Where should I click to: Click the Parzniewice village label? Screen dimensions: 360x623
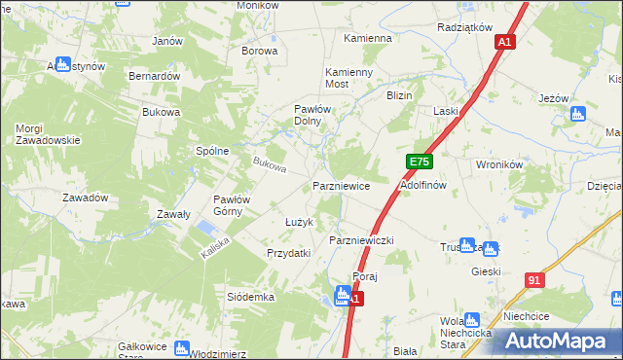coord(341,185)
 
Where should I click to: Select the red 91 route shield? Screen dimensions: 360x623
coord(533,280)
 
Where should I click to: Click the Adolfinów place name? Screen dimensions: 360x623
coord(423,184)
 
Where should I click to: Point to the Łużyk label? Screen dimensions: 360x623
coord(298,223)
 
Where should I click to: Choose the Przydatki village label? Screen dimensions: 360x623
coord(289,253)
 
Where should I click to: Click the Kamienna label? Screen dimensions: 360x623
coord(368,39)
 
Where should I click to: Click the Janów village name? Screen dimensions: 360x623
coord(168,41)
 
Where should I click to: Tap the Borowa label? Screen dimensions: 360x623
coord(260,51)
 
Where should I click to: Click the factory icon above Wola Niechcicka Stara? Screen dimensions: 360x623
coord(473,319)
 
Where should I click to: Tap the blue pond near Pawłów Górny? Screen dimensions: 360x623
coord(207,229)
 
